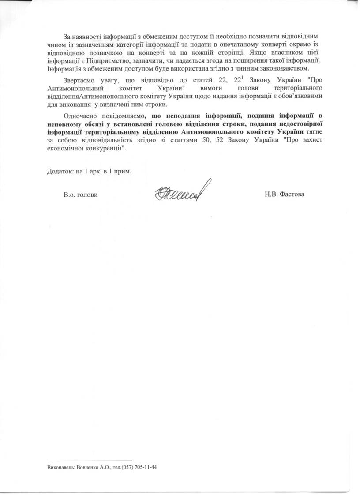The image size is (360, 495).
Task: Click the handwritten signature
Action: coord(180,191)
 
